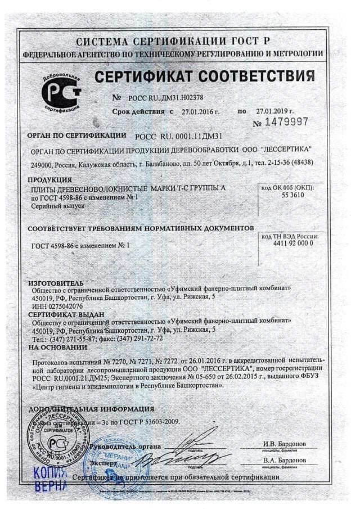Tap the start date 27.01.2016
coord(200,112)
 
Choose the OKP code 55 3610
coord(288,193)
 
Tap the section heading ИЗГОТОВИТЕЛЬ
coord(56,282)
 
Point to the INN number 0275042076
coord(58,306)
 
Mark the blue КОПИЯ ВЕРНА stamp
coord(51,479)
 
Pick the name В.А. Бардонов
coord(285,460)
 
